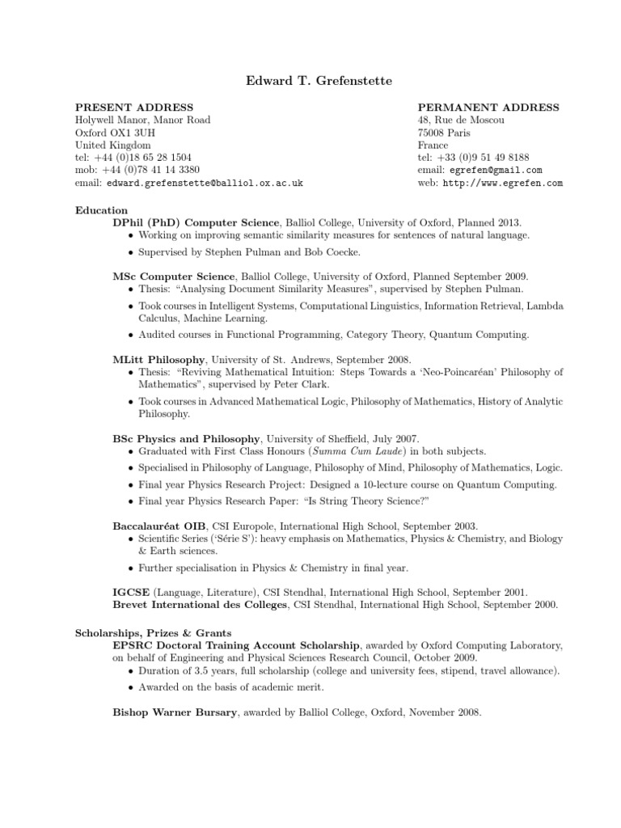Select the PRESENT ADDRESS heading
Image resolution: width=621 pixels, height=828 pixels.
134,108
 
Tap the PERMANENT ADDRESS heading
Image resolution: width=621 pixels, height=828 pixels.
488,108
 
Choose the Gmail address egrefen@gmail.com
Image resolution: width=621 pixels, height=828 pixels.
493,171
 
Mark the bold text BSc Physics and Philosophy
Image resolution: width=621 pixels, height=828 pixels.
186,437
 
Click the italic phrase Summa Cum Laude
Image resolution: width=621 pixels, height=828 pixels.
349,450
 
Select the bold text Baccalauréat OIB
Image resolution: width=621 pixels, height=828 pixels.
159,526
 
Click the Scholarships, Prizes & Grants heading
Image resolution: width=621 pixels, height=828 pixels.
154,632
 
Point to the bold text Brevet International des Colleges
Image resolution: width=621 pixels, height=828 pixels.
200,605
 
